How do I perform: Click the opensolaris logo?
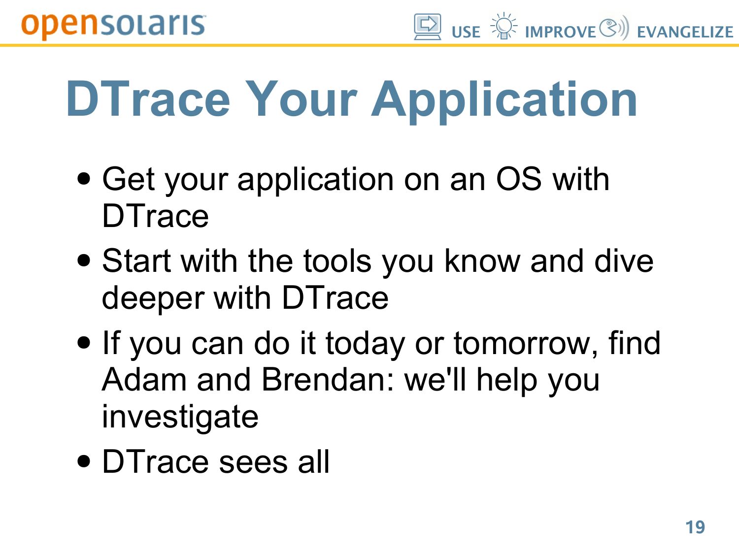(x=113, y=26)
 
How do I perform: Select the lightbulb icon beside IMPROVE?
(x=504, y=26)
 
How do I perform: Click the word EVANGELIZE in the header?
(x=685, y=33)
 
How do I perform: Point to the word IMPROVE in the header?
(x=560, y=33)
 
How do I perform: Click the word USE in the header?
(x=466, y=33)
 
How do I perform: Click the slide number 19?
(x=695, y=527)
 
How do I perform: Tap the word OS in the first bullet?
(x=518, y=179)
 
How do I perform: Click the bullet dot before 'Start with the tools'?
(x=84, y=260)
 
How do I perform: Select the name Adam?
(x=144, y=380)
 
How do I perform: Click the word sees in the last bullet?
(x=253, y=462)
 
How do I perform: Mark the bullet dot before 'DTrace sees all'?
(x=84, y=461)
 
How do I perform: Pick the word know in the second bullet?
(x=482, y=261)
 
